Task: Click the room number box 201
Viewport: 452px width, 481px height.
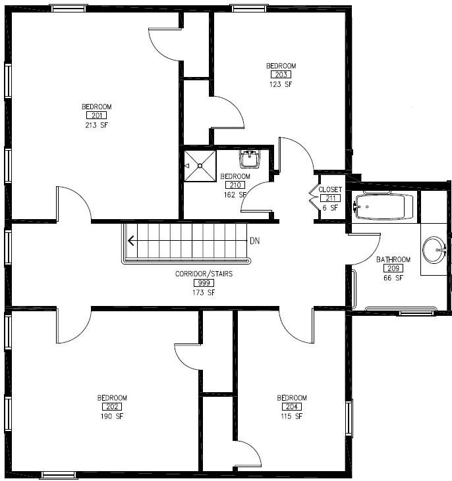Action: point(96,116)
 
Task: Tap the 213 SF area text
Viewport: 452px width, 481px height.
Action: point(96,125)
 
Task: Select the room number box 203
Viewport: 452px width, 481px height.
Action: point(281,75)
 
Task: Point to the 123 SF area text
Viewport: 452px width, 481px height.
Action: point(281,84)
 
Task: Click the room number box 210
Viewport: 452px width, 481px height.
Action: point(235,186)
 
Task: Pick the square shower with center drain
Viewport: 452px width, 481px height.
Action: point(200,166)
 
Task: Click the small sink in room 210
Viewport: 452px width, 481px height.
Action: point(250,159)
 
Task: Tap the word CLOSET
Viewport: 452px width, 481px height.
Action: point(330,190)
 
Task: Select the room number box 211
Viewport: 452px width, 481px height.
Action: point(330,198)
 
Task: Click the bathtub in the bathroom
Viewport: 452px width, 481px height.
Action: point(384,207)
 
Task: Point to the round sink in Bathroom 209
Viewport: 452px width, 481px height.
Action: point(434,249)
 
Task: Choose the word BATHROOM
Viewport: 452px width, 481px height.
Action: point(393,259)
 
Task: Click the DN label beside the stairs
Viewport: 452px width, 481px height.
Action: point(254,241)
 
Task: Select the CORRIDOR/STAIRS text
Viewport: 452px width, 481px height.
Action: point(204,274)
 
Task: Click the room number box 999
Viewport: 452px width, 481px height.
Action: point(204,283)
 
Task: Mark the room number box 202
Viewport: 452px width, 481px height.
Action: point(112,407)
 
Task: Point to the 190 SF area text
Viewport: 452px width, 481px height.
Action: point(112,416)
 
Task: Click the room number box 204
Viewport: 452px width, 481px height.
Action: point(292,407)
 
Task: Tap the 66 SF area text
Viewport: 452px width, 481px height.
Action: point(393,278)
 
